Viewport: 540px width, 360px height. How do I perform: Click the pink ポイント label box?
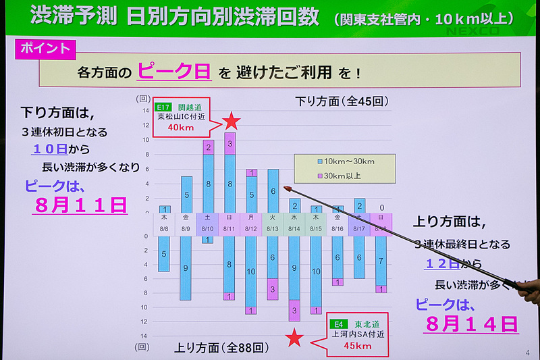(x=45, y=49)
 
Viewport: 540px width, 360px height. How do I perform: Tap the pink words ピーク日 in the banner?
(x=173, y=71)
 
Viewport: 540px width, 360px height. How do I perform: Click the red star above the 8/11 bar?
(x=232, y=121)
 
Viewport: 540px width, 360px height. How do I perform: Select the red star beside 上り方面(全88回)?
(x=294, y=338)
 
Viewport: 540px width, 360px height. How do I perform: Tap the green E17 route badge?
(x=163, y=107)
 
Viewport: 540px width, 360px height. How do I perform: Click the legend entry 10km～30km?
(x=348, y=162)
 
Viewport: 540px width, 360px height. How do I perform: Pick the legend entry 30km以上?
(x=344, y=176)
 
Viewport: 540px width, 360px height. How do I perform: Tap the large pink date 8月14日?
(x=472, y=324)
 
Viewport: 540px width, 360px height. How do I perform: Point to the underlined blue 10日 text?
(x=50, y=149)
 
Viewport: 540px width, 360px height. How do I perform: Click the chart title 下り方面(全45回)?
(x=342, y=102)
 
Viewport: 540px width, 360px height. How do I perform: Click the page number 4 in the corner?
(x=527, y=352)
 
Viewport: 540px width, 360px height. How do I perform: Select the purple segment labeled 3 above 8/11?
(x=230, y=143)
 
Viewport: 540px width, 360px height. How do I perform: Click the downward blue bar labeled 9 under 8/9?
(x=186, y=268)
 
